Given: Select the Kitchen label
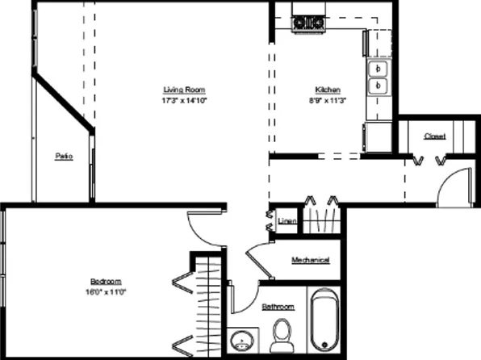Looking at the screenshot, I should [x=327, y=90].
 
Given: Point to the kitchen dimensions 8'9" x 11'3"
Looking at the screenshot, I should [x=327, y=101].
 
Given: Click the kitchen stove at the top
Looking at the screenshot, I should [x=307, y=23].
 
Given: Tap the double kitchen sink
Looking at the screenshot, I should [x=378, y=77].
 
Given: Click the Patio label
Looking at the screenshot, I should [x=64, y=157].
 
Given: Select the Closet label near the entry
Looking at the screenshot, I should [x=435, y=136].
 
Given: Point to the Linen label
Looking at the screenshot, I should [x=285, y=220].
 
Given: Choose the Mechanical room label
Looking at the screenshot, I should [x=310, y=260].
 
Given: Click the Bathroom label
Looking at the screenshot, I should [x=278, y=308].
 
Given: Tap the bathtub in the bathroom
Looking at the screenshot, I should [x=324, y=320].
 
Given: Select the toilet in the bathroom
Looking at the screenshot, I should [x=282, y=334].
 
